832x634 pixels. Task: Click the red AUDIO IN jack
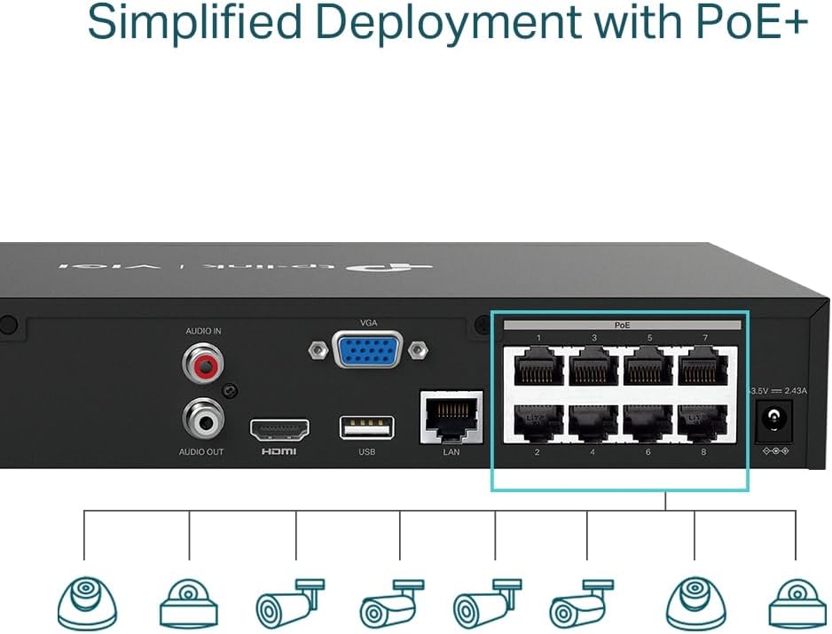(202, 362)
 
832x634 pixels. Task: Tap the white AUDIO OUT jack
(202, 416)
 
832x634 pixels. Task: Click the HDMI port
(279, 430)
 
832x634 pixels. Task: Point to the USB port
(366, 427)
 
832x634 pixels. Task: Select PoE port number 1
(538, 366)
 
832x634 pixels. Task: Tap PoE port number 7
(704, 366)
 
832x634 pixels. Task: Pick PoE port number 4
(593, 423)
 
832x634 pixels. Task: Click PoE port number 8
(704, 423)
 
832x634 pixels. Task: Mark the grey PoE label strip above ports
(621, 325)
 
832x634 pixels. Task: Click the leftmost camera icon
(87, 603)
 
